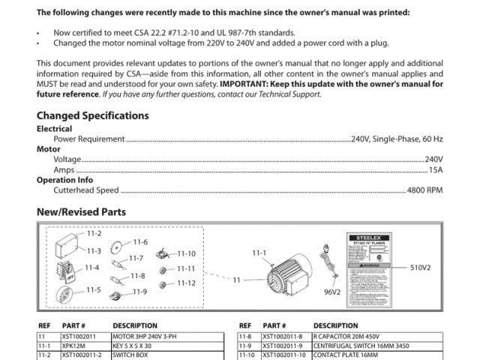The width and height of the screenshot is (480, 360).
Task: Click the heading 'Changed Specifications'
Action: (92, 116)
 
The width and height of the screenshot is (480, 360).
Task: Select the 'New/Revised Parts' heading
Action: (81, 212)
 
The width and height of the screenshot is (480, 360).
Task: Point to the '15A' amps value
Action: (436, 170)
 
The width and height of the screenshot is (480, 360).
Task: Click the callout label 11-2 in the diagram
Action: (94, 234)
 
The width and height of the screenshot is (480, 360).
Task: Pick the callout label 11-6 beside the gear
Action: (141, 242)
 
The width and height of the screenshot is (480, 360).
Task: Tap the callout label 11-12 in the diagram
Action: (186, 283)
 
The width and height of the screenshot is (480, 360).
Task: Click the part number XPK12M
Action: (73, 346)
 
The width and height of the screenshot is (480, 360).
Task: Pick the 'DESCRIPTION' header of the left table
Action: (134, 326)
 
